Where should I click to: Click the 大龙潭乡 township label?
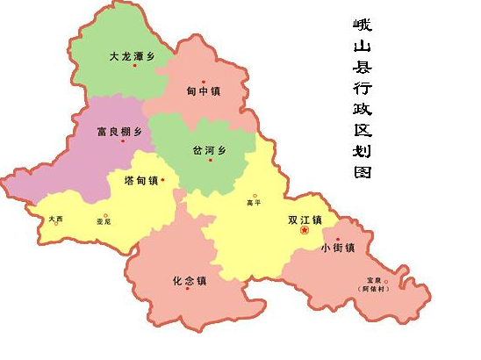click(x=131, y=56)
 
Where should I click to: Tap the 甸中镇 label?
click(x=204, y=91)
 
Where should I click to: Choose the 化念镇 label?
click(x=189, y=281)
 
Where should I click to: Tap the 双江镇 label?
click(x=305, y=220)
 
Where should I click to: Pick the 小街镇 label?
click(x=337, y=248)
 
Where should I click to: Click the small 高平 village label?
click(x=255, y=204)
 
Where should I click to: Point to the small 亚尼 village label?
click(x=104, y=221)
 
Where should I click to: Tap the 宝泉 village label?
click(x=385, y=280)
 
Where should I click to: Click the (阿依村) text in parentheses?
click(x=384, y=289)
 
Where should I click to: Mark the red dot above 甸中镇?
click(x=204, y=82)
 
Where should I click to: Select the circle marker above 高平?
click(x=255, y=196)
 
